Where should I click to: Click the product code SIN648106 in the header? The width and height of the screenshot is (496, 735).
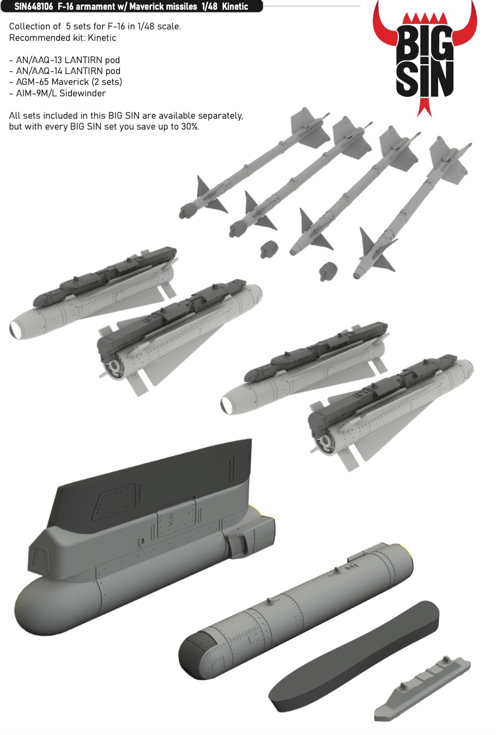(x=33, y=6)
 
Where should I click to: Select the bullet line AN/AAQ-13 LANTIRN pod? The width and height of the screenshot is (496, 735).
(x=65, y=60)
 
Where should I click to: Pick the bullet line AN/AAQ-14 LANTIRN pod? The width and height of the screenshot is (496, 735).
(x=65, y=71)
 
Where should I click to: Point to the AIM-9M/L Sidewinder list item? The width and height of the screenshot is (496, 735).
(x=57, y=93)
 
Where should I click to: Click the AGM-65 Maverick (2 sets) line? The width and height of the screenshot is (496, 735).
(x=66, y=82)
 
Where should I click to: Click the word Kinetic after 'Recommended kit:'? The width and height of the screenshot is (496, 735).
(x=102, y=38)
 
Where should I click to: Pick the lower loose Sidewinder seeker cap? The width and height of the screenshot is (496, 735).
(x=328, y=271)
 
